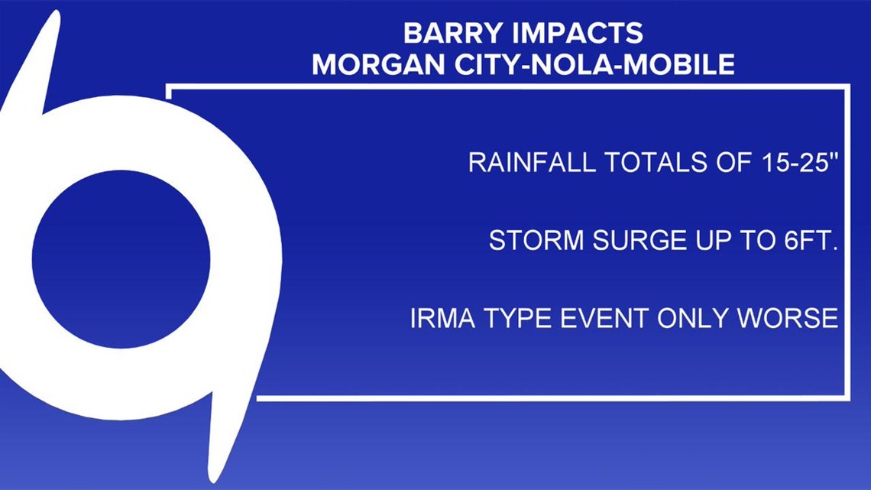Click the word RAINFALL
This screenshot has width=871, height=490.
click(x=532, y=162)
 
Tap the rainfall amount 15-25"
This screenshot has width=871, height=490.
click(x=800, y=162)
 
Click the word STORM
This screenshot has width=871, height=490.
click(x=536, y=241)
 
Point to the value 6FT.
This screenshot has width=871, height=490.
click(x=811, y=241)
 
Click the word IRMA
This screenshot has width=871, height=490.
click(x=442, y=318)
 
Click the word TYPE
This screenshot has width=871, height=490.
click(x=516, y=318)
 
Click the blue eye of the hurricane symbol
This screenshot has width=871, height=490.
click(x=121, y=259)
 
